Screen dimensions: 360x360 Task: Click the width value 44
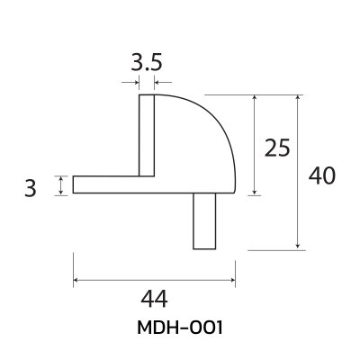(x=154, y=297)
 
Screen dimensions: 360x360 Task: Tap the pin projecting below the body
(x=204, y=221)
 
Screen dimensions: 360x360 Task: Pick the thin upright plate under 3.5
(x=145, y=135)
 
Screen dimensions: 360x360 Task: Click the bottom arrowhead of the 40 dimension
(x=298, y=246)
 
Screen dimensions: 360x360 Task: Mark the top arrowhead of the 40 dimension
(x=298, y=96)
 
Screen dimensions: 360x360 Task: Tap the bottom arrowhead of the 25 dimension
(x=256, y=191)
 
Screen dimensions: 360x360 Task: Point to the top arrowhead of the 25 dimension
(x=256, y=96)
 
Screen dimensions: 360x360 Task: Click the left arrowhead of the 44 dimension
(x=76, y=280)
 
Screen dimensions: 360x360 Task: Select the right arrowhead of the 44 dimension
(x=232, y=280)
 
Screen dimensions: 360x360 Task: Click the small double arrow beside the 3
(x=60, y=184)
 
